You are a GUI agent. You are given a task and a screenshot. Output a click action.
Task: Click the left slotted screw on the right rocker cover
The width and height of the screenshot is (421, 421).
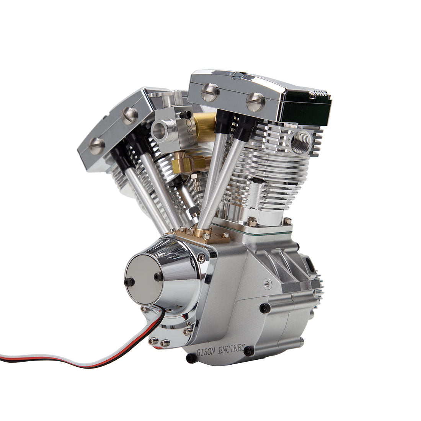coord(210,92)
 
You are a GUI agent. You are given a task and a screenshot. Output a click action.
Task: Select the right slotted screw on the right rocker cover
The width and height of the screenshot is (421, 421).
coord(255,102)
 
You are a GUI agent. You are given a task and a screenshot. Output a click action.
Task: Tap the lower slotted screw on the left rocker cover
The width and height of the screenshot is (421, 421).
coord(96,146)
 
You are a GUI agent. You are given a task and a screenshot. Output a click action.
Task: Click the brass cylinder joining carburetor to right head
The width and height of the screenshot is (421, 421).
coord(205,126)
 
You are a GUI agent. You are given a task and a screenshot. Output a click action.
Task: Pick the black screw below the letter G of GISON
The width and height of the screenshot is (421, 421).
coord(190,358)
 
